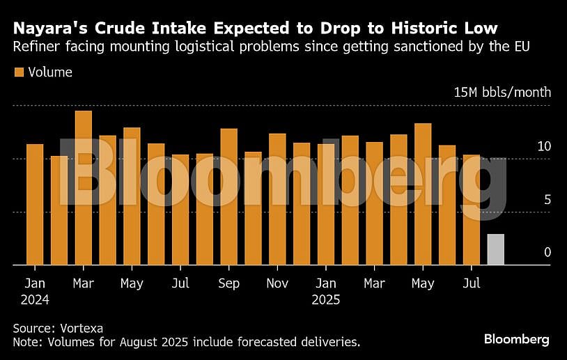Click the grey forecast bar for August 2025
coord(495,249)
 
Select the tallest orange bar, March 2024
coord(83,188)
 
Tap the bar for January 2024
coord(35,205)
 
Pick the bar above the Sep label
coord(229,197)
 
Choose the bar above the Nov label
coord(277,199)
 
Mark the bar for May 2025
coord(423,194)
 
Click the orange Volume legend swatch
coord(19,72)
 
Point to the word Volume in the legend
coord(50,72)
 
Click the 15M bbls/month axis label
coord(502,93)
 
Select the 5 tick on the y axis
coord(547,200)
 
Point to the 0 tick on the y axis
coord(547,252)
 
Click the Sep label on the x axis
coord(228,283)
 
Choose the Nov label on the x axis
coord(277,283)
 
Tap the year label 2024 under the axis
coord(35,300)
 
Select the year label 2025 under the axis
coord(326,300)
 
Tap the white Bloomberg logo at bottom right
coord(516,339)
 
